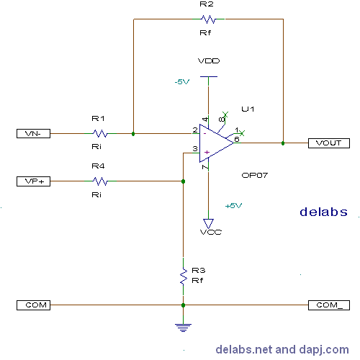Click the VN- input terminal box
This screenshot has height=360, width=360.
tap(33, 133)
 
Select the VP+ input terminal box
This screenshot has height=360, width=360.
tap(33, 181)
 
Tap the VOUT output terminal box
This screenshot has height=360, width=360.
tap(329, 143)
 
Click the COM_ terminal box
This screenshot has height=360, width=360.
tap(329, 305)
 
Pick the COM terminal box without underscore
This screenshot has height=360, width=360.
tap(33, 305)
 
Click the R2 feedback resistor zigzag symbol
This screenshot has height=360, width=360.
tap(208, 19)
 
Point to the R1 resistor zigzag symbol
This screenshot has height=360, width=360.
tap(100, 133)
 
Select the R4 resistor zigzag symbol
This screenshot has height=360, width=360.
tap(100, 181)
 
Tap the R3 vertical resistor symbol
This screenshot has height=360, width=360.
tap(184, 276)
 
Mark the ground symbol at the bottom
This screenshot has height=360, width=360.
tap(183, 328)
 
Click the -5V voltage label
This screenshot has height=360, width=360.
tap(182, 82)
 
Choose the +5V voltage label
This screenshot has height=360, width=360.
tap(233, 206)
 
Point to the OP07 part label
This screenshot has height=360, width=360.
tap(254, 176)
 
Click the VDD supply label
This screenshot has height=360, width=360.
tap(209, 61)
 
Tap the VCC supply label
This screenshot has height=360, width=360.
tap(211, 233)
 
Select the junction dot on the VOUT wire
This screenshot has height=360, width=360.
tap(283, 143)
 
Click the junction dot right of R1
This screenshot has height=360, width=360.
tap(133, 134)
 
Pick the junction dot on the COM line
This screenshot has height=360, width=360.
tap(183, 305)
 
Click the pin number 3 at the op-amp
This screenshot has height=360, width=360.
tap(195, 149)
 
